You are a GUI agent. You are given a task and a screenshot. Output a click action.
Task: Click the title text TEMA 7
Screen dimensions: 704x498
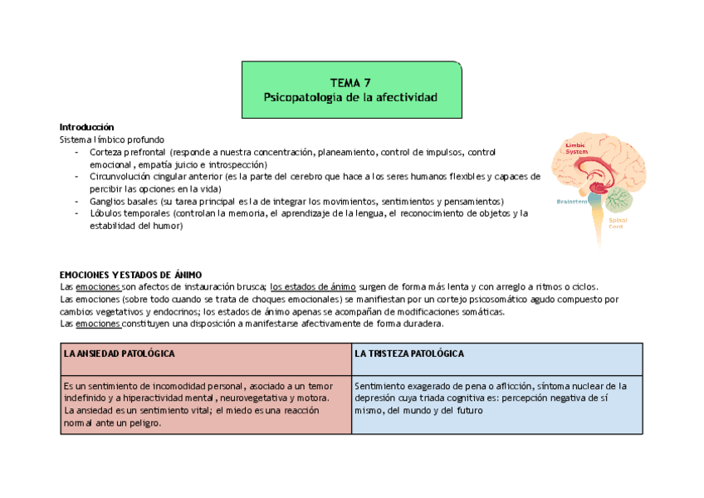point(350,83)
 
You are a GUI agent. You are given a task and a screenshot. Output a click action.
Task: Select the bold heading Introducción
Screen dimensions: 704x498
point(86,127)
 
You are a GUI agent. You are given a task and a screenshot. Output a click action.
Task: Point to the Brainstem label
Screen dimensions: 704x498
point(572,201)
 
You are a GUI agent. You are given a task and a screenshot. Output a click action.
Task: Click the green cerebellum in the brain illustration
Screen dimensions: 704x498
point(619,200)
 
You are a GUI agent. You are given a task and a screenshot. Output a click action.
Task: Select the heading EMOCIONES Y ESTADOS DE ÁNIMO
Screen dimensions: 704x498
point(131,275)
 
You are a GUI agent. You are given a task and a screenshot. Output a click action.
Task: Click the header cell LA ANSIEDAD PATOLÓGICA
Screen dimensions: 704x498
point(120,354)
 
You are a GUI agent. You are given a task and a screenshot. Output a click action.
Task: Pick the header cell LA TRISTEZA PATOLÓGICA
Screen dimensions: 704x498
point(409,354)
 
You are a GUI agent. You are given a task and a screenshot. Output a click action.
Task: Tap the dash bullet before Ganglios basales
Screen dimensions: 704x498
point(77,202)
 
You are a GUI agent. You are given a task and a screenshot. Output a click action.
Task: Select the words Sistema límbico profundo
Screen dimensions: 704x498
point(112,139)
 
